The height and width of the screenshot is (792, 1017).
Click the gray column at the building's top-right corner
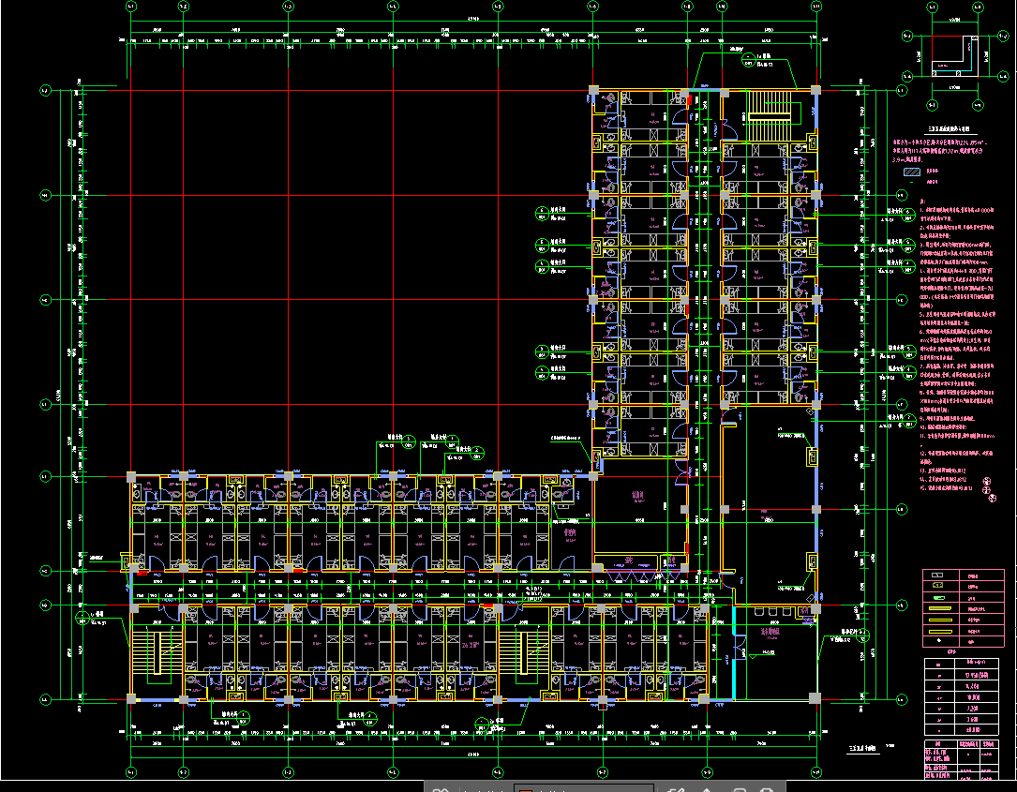point(815,90)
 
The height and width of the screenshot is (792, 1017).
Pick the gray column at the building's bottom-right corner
point(815,698)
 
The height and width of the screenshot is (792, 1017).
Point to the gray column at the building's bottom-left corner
point(131,698)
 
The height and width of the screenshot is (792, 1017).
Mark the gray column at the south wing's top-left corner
point(131,476)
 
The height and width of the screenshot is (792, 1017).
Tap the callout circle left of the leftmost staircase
point(82,617)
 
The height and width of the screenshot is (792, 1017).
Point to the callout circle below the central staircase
point(483,724)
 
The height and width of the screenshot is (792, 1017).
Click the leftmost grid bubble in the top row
point(130,7)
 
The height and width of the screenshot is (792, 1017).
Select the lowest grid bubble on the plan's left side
point(44,699)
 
